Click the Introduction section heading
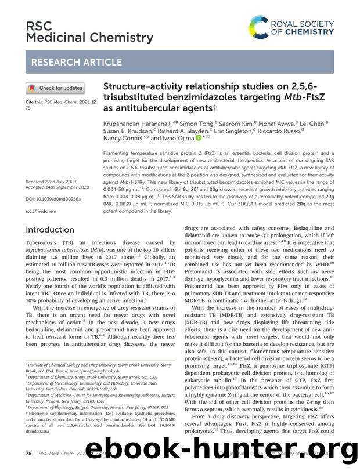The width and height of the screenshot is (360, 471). [x=50, y=230]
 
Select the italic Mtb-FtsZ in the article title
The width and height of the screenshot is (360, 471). [x=297, y=98]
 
